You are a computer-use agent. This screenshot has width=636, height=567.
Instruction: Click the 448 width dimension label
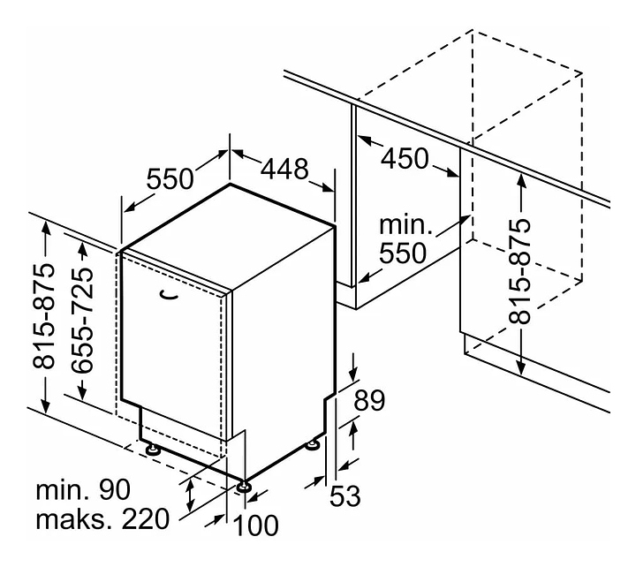point(284,168)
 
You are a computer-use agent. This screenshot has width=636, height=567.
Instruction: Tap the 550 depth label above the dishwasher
point(170,179)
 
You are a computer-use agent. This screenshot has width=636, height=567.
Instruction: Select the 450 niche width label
point(405,160)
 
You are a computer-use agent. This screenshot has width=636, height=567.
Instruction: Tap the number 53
point(345,496)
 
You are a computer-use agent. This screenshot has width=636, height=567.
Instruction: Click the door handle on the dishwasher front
point(168,295)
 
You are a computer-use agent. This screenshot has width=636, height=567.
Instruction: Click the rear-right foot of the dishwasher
point(312,443)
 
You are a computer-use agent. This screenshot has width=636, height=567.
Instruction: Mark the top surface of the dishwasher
point(228,236)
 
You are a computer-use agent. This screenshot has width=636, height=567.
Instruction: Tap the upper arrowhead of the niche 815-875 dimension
point(521,178)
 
